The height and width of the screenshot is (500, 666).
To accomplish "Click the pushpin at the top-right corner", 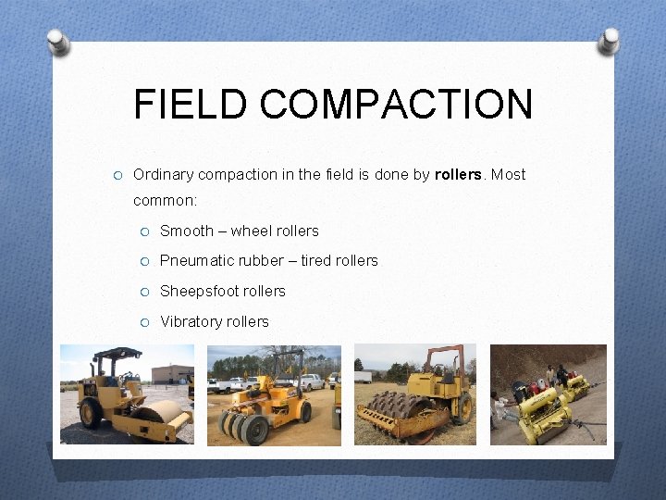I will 609,41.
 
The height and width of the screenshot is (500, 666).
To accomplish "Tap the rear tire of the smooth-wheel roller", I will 91,413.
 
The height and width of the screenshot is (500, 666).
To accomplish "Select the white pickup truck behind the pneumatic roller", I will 228,383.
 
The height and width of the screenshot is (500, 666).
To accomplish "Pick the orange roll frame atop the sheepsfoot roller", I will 444,356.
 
